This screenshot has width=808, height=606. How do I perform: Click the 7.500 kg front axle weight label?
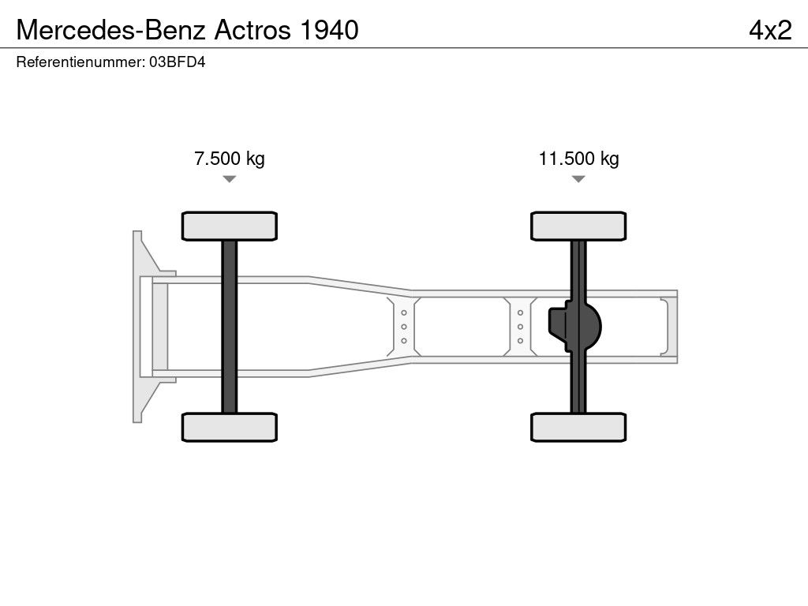[x=230, y=159]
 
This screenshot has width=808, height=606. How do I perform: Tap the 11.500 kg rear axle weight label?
[x=578, y=159]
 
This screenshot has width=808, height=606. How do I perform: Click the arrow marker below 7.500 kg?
[x=229, y=179]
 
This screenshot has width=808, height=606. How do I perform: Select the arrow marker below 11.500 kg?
[x=578, y=179]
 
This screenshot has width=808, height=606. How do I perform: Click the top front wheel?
[x=229, y=226]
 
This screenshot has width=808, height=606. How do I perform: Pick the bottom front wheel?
[x=229, y=428]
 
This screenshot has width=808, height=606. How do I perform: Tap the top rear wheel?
[x=578, y=226]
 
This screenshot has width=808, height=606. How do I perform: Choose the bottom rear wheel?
[x=578, y=428]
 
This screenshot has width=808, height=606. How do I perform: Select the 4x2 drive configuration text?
[x=770, y=30]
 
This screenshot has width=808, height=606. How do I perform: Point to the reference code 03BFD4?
[x=177, y=62]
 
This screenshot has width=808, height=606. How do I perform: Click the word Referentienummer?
[x=79, y=62]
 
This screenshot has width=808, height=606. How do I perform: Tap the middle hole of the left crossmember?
[x=404, y=327]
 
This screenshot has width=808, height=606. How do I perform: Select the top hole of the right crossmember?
[x=521, y=312]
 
